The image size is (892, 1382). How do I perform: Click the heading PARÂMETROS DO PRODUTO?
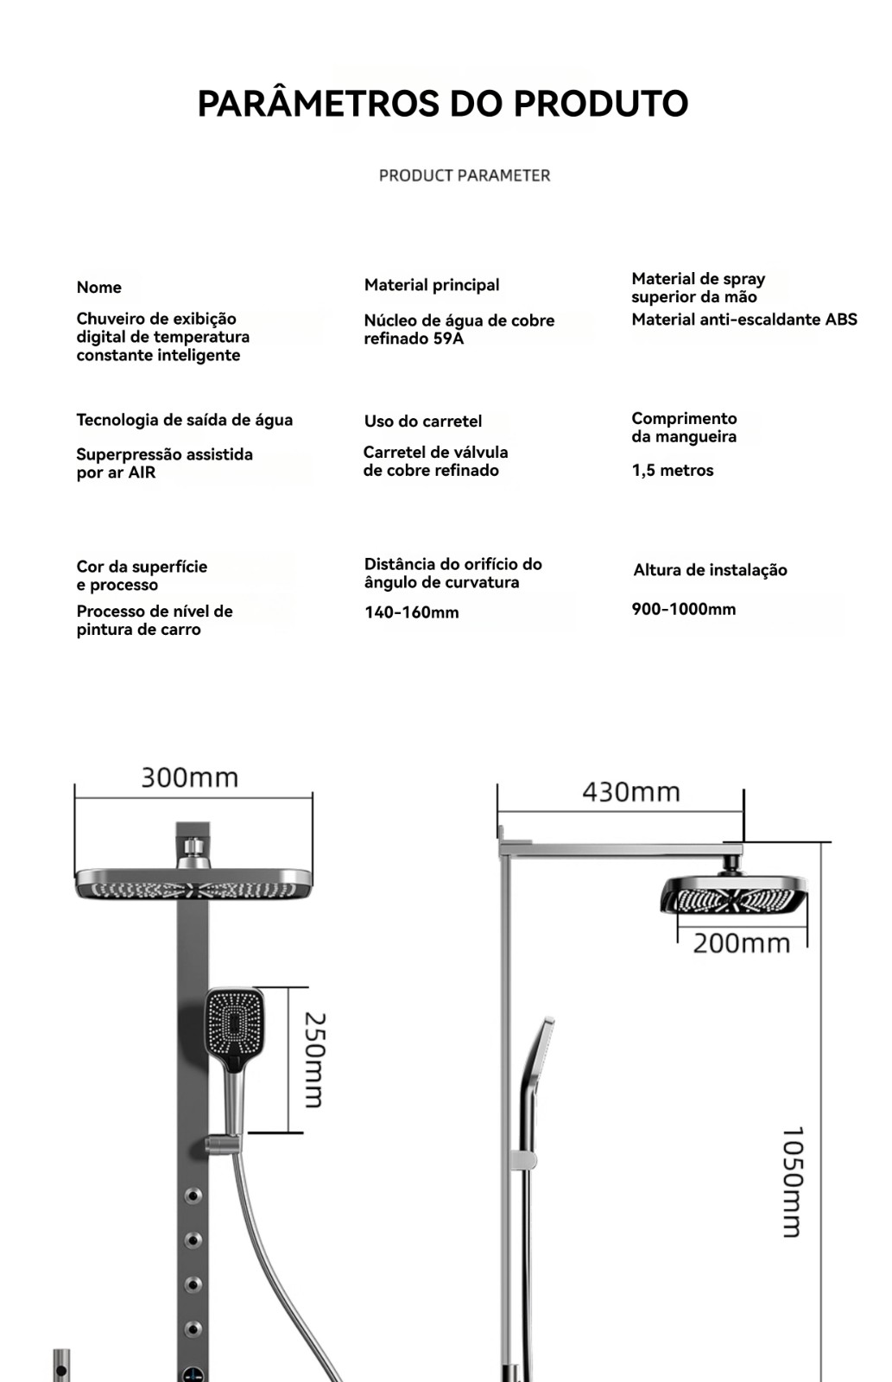(442, 104)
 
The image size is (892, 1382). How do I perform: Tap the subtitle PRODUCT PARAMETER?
(465, 175)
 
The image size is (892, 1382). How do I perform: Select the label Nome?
(98, 288)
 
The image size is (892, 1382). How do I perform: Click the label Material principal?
(432, 285)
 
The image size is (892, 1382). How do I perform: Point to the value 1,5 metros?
(673, 471)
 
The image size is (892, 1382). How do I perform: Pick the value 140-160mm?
(411, 613)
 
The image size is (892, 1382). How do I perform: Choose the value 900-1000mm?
(684, 610)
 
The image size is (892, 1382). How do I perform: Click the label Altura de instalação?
(710, 570)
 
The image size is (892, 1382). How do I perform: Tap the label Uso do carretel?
(423, 422)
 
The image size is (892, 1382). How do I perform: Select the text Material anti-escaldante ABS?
(744, 320)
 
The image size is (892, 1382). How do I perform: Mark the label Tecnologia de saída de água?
(185, 421)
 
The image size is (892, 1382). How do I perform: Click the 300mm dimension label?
(190, 777)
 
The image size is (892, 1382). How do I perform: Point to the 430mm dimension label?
(631, 792)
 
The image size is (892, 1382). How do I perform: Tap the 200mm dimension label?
(742, 943)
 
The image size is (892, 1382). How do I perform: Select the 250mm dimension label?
(314, 1060)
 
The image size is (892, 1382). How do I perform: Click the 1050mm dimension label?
(792, 1182)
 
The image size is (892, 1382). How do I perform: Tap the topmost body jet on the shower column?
(193, 1196)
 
